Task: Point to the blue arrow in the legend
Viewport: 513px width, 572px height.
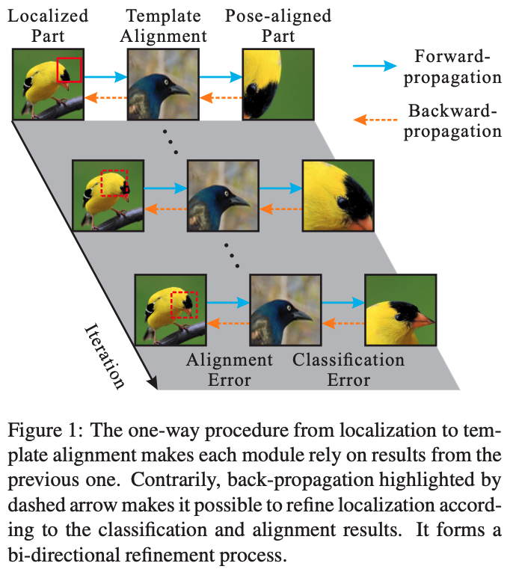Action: (x=380, y=66)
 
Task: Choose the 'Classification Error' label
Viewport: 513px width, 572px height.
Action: (x=348, y=369)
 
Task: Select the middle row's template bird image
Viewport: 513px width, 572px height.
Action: (x=222, y=197)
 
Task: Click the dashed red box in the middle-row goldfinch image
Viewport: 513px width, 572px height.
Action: (x=114, y=183)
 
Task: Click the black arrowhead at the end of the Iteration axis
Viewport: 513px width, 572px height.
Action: (x=153, y=384)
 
